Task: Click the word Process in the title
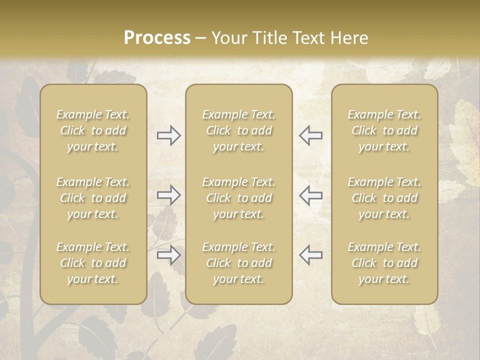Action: coord(157,38)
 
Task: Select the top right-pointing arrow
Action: coord(168,135)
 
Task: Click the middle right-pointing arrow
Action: coord(168,195)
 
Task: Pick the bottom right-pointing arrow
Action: coord(168,255)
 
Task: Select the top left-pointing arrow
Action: coord(311,135)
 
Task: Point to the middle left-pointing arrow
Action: coord(311,195)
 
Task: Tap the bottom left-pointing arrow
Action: coord(311,255)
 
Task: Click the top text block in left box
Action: coord(93,130)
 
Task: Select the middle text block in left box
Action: coord(93,198)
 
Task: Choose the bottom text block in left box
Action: coord(93,263)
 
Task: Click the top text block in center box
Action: coord(238,130)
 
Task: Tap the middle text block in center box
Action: coord(238,198)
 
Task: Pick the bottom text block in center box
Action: coord(238,263)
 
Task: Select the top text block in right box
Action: coord(384,130)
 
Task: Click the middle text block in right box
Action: coord(384,198)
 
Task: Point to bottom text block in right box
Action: coord(384,263)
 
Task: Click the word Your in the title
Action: coord(228,38)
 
